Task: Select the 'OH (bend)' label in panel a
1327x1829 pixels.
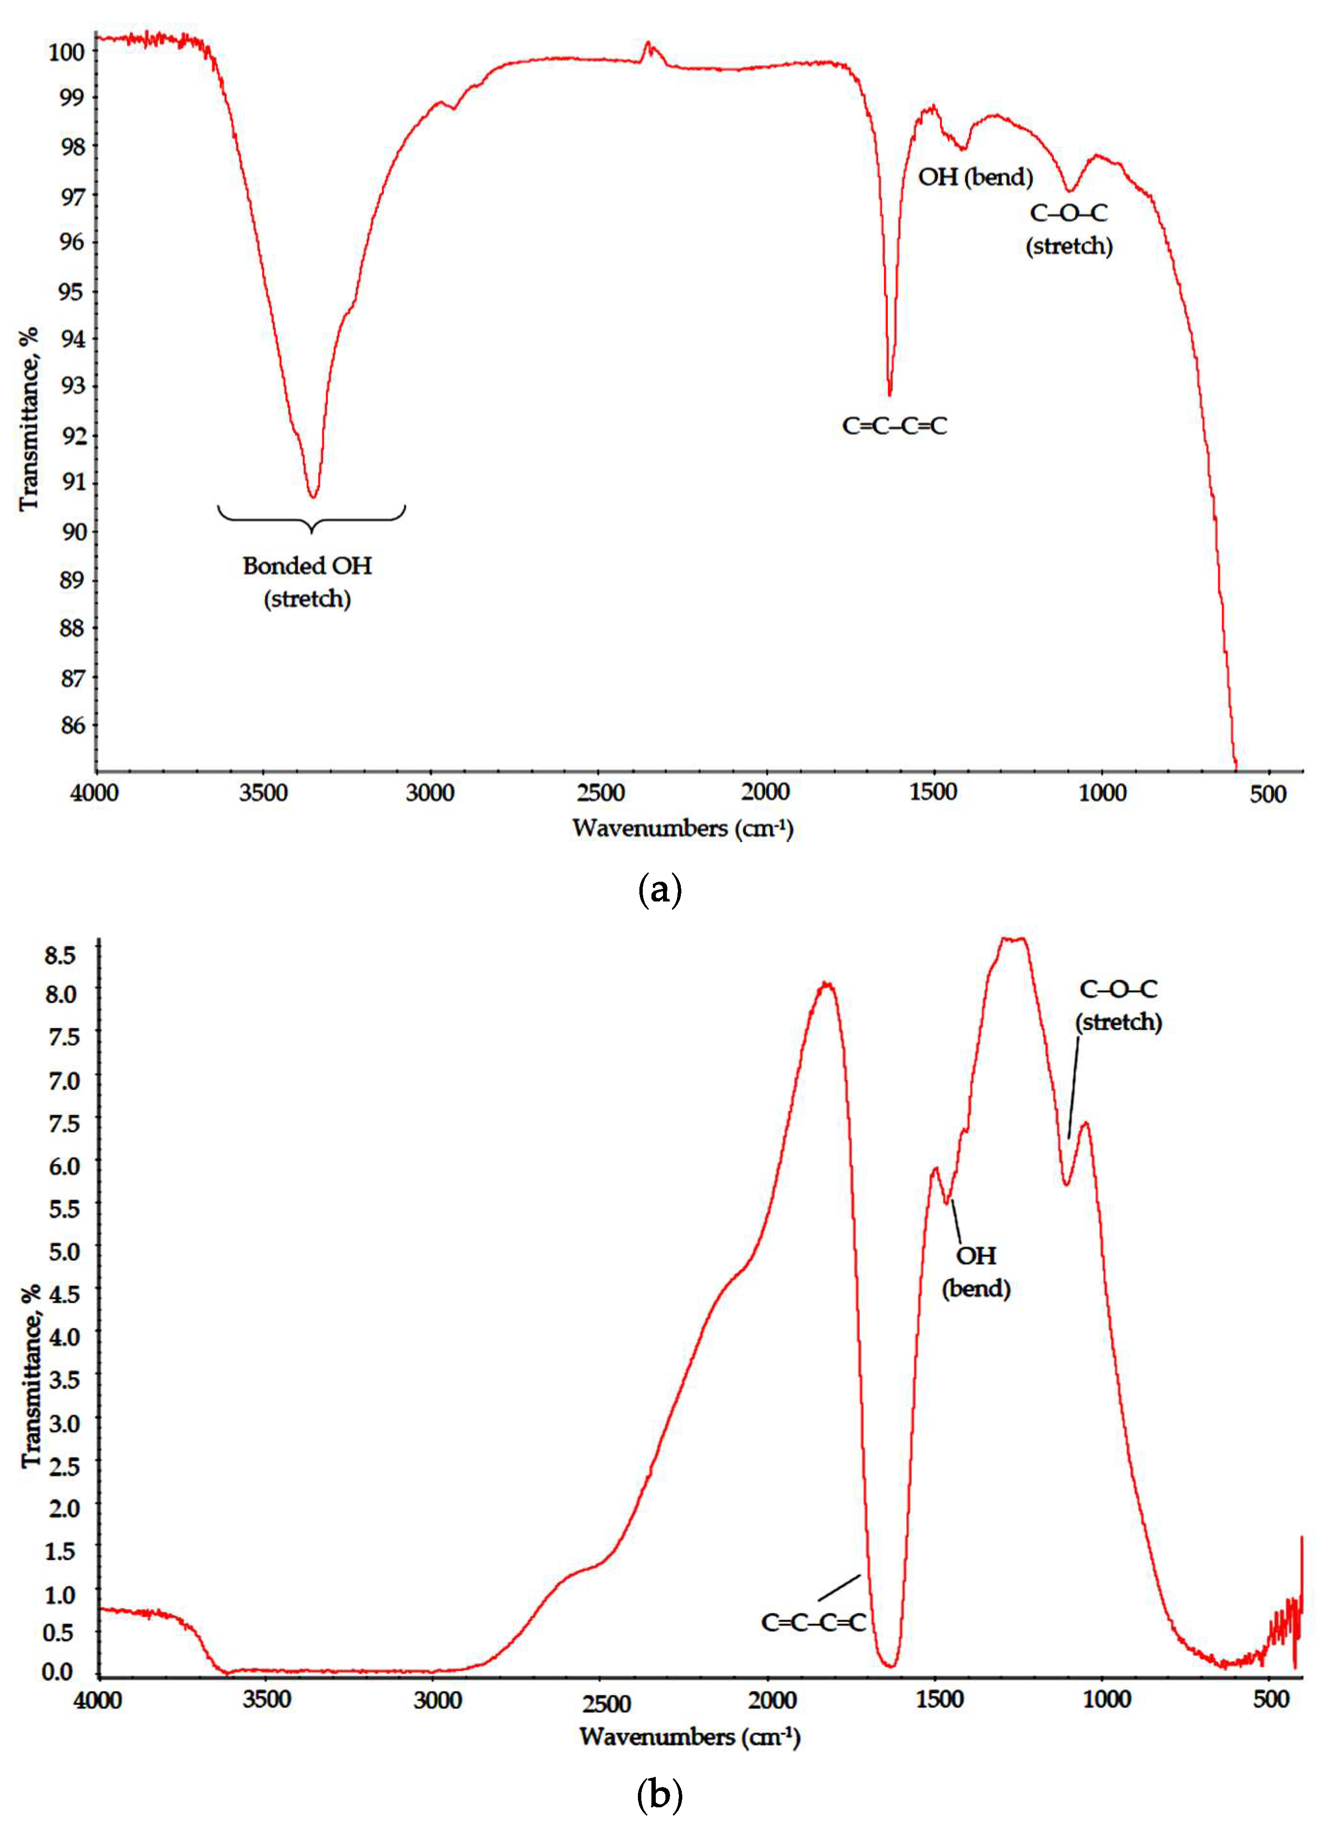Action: [975, 177]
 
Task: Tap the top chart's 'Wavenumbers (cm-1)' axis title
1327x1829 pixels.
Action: [682, 828]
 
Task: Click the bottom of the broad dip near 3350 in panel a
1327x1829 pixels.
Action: [314, 495]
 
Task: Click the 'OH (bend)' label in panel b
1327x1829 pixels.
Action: [976, 1272]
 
